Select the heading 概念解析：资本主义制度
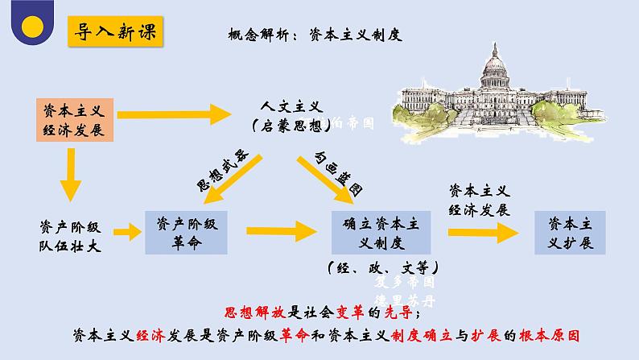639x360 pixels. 315,36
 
